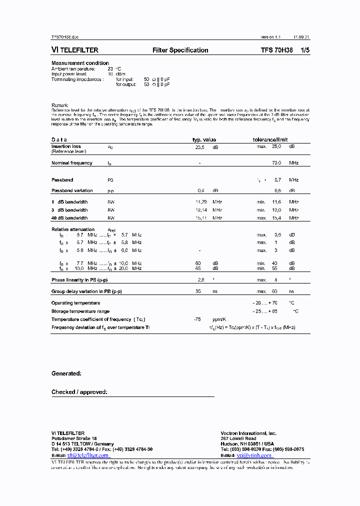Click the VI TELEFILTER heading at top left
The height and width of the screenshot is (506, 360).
tap(75, 50)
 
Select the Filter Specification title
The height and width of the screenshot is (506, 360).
tap(180, 50)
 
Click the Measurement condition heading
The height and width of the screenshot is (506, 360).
tap(80, 63)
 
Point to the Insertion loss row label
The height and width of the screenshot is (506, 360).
tap(66, 147)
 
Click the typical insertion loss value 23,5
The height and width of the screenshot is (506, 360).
tap(199, 147)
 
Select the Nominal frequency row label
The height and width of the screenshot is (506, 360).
tap(71, 163)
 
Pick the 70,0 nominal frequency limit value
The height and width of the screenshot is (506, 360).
tap(276, 163)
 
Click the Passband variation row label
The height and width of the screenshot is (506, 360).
tap(72, 190)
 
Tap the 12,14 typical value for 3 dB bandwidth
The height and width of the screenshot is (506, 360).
tap(201, 210)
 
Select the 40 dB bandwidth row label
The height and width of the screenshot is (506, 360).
tap(69, 218)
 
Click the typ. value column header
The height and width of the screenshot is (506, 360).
tap(204, 139)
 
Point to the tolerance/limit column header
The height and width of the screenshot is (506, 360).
tap(270, 139)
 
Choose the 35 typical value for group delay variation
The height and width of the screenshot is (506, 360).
tap(198, 291)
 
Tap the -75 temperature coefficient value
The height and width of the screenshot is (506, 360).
tap(197, 319)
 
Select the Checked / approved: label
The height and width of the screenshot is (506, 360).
tap(79, 392)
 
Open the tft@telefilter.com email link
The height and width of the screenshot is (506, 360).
tap(88, 455)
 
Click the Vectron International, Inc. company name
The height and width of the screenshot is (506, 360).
tap(248, 433)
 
